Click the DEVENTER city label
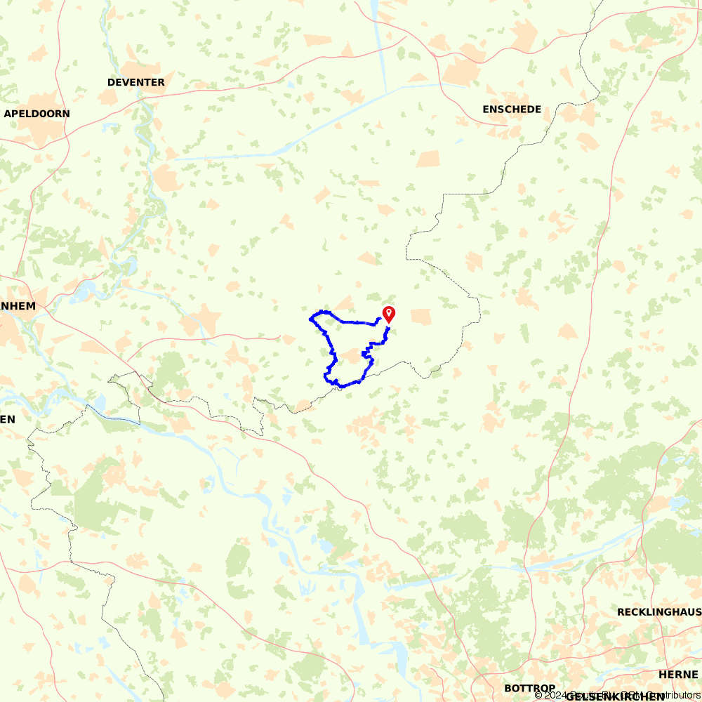(136, 82)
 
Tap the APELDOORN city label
(37, 113)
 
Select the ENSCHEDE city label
(512, 109)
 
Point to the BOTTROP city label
(530, 688)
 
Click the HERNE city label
(678, 674)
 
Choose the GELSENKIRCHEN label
(614, 696)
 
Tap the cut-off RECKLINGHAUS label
(659, 612)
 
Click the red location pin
(388, 314)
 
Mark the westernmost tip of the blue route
(310, 319)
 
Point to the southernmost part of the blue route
(342, 386)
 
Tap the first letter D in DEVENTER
(111, 82)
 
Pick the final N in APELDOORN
(66, 113)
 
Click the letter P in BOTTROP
(552, 688)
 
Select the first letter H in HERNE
(663, 674)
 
